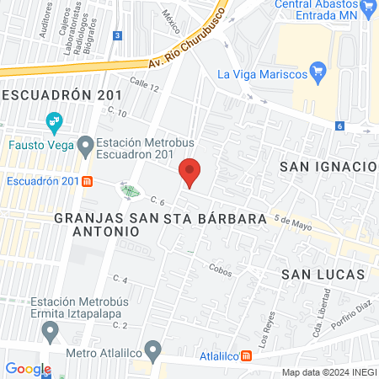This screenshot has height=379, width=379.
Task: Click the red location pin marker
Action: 189,173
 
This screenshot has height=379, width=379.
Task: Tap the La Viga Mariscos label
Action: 261,73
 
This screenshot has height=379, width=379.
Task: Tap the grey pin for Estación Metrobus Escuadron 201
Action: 85,147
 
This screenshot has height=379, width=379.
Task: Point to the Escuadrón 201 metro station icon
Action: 88,180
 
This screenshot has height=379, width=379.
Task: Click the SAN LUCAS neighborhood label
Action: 323,275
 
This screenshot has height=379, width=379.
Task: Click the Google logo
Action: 29,369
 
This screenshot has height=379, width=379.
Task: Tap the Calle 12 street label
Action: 144,84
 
